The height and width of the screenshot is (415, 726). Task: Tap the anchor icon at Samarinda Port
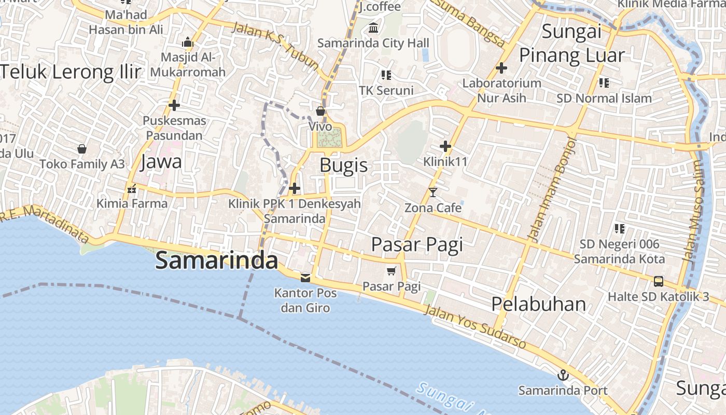click(562, 375)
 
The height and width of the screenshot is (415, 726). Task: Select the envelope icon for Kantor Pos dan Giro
click(305, 278)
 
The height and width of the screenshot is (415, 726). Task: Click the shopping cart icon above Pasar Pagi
click(392, 271)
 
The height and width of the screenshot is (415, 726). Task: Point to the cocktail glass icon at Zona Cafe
click(433, 192)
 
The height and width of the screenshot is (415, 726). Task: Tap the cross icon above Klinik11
click(445, 146)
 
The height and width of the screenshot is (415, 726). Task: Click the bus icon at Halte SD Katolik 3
click(658, 282)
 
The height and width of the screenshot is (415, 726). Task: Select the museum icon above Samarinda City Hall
click(373, 27)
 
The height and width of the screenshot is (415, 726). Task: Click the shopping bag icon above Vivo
click(320, 111)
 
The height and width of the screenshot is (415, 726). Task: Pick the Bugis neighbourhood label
click(343, 165)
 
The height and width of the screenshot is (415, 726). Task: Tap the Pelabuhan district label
click(538, 304)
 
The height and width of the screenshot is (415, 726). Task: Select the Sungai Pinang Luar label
click(571, 43)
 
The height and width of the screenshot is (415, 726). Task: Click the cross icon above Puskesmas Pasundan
click(174, 105)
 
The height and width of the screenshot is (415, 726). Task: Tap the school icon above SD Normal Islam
click(604, 82)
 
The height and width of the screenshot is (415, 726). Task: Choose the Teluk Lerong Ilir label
click(71, 72)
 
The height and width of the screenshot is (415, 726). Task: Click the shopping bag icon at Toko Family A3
click(82, 149)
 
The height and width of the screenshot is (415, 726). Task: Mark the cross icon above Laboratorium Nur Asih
click(501, 68)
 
